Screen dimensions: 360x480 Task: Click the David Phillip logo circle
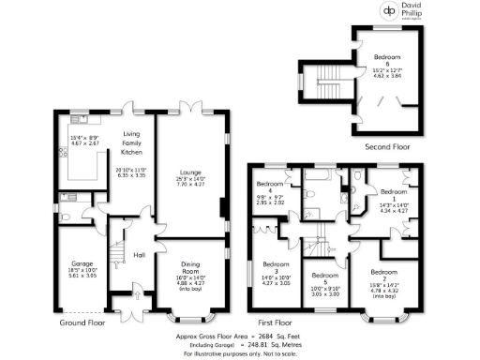388,12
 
